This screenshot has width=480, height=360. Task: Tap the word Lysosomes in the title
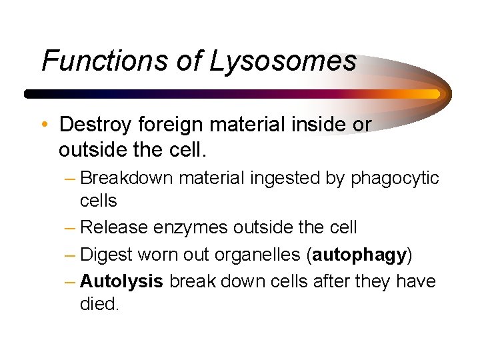point(283,61)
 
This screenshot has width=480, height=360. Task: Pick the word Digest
point(107,255)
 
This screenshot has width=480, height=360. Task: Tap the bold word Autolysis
point(121,281)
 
